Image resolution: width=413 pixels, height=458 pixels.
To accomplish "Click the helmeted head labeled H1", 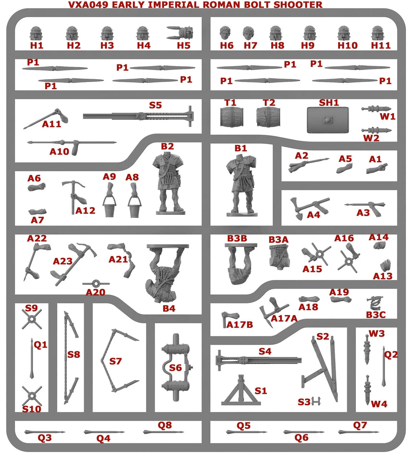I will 36,34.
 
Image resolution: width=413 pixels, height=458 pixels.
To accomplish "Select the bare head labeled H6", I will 225,33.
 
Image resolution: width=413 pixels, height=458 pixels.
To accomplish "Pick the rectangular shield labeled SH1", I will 327,119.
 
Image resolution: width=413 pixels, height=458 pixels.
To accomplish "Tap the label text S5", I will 155,105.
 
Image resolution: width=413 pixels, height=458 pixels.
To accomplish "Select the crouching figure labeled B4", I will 163,273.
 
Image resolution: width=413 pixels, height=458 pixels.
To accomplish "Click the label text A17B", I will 240,325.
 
